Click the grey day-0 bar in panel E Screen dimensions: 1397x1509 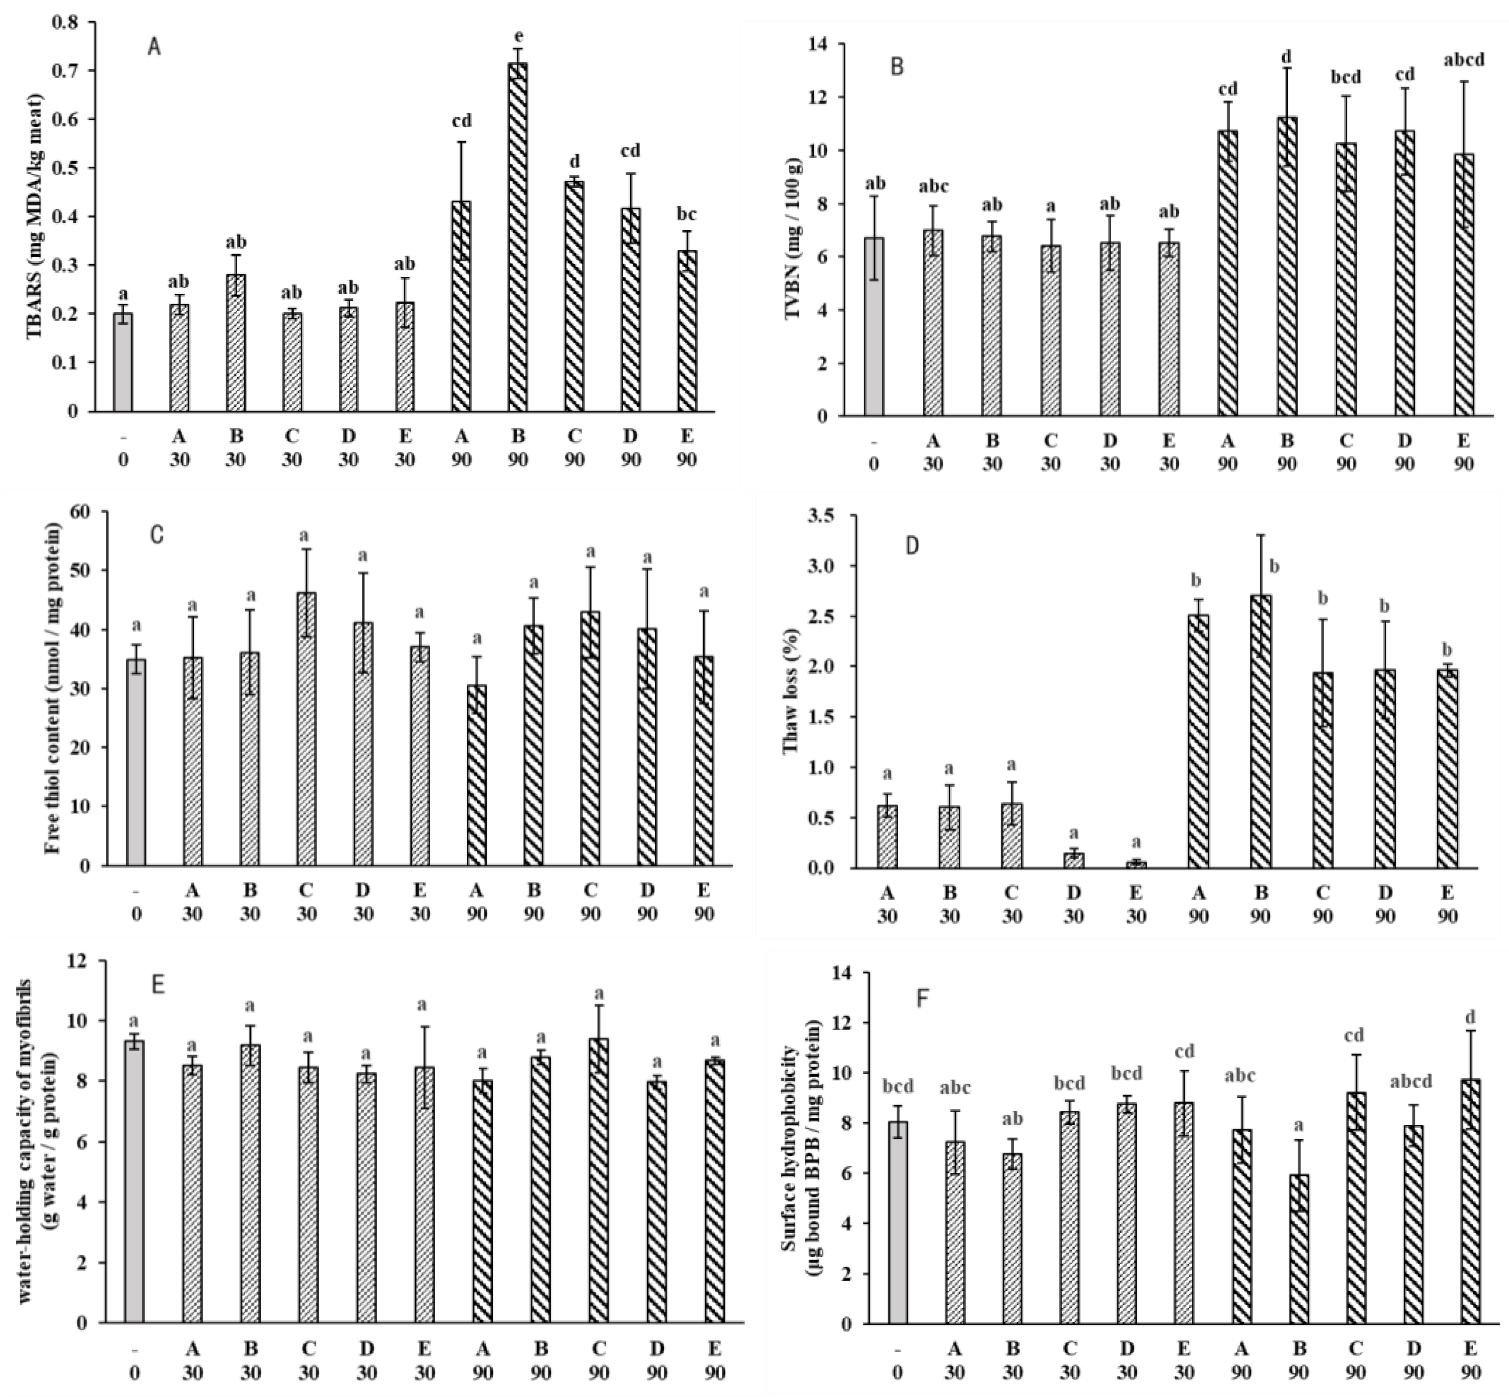click(135, 1180)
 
